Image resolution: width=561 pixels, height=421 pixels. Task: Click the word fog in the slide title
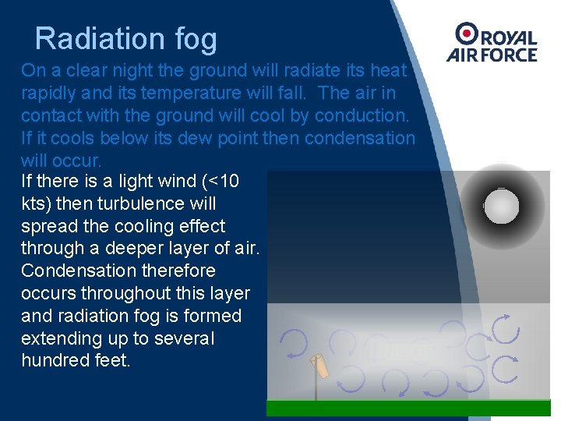[x=197, y=39]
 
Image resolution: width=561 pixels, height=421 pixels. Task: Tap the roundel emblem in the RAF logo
[x=467, y=34]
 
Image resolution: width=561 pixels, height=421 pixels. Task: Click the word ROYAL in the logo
[x=509, y=37]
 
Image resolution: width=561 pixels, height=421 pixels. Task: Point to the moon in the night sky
[x=501, y=207]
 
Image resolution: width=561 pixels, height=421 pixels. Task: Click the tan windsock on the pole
[x=319, y=366]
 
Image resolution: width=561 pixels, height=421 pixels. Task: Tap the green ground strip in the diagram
[x=408, y=408]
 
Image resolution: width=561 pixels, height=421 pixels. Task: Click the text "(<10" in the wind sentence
[x=221, y=182]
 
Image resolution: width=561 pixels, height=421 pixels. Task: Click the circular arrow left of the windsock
[x=295, y=344]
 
